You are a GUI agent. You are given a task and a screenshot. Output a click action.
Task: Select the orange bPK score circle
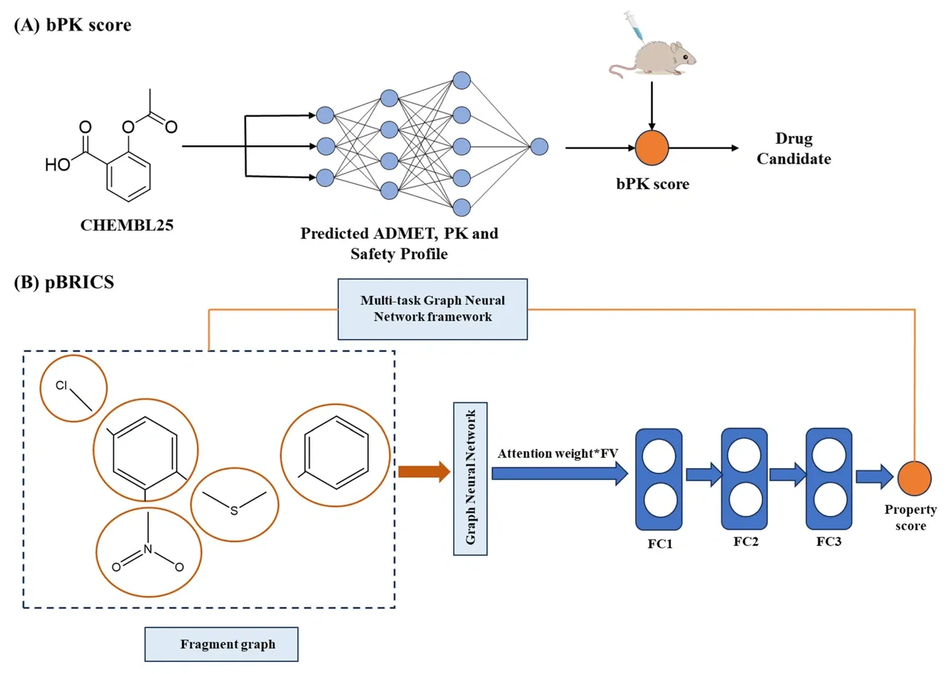pyautogui.click(x=652, y=148)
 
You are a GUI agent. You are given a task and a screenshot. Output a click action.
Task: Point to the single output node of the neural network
pyautogui.click(x=539, y=147)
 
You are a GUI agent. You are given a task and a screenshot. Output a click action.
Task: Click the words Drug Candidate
pyautogui.click(x=793, y=148)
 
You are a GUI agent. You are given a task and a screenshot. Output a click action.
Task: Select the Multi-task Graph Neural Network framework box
pyautogui.click(x=432, y=309)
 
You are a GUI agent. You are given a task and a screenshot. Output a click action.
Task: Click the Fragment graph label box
pyautogui.click(x=221, y=646)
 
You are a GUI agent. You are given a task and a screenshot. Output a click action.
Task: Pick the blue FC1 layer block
pyautogui.click(x=658, y=479)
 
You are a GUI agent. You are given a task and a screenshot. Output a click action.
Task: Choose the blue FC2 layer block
pyautogui.click(x=743, y=478)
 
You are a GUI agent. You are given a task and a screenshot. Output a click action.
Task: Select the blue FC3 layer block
pyautogui.click(x=829, y=478)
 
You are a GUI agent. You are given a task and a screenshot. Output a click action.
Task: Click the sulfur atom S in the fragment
pyautogui.click(x=234, y=510)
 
